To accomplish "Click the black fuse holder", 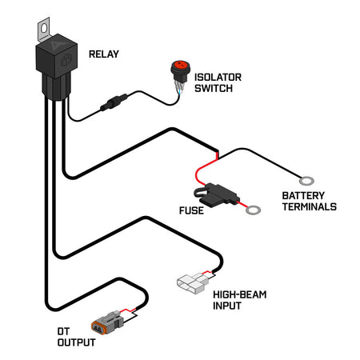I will click(x=216, y=193).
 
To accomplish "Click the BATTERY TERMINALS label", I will click(x=307, y=201).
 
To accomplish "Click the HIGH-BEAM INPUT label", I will click(x=240, y=300).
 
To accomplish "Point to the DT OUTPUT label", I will click(x=76, y=338).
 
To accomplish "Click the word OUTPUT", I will click(x=76, y=343).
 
